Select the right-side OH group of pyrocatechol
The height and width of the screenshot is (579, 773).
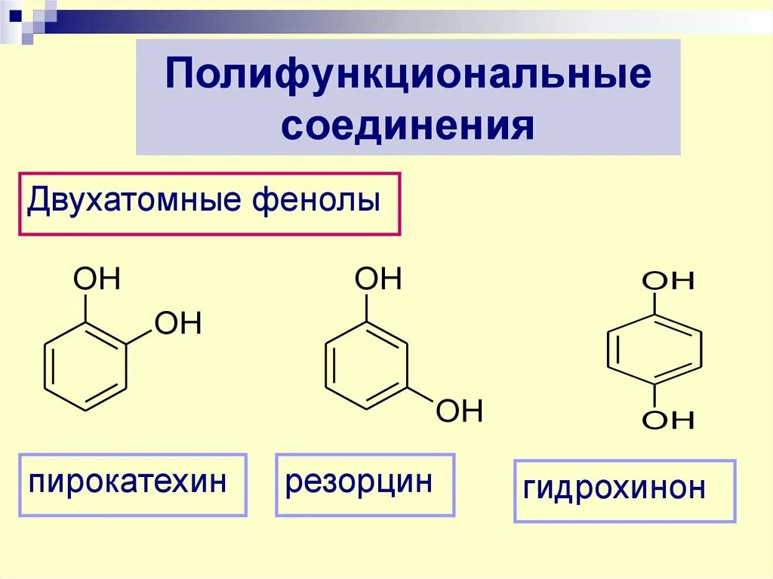pyautogui.click(x=178, y=324)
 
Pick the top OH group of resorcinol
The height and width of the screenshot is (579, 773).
pyautogui.click(x=378, y=280)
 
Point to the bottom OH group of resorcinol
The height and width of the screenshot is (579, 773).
pyautogui.click(x=458, y=411)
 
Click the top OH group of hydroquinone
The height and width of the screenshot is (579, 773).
pyautogui.click(x=668, y=282)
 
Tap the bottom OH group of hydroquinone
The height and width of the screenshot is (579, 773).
pyautogui.click(x=668, y=420)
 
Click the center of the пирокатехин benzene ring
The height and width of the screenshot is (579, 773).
pyautogui.click(x=85, y=366)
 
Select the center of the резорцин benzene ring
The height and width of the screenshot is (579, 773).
pyautogui.click(x=366, y=366)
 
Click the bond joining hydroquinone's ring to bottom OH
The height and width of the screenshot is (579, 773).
pyautogui.click(x=654, y=396)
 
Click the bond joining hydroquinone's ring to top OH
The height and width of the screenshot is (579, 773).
pyautogui.click(x=654, y=303)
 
